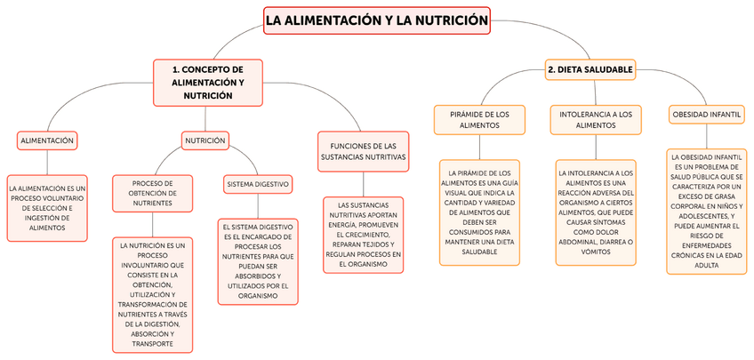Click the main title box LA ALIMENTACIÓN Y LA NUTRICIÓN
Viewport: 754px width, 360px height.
377,20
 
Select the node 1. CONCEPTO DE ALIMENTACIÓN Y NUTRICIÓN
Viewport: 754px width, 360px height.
207,82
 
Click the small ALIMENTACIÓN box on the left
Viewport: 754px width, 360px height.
48,140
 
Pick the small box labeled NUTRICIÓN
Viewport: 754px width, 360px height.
205,140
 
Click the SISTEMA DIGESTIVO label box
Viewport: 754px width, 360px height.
257,184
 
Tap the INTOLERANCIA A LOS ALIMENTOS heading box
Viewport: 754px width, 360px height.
596,119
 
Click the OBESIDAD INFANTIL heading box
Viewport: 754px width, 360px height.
706,115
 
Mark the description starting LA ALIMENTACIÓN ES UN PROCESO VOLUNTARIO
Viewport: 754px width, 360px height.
48,208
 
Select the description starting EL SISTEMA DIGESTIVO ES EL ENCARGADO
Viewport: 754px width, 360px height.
257,261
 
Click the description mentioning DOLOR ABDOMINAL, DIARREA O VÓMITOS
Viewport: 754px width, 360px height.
596,212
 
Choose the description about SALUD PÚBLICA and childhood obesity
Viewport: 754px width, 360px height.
706,211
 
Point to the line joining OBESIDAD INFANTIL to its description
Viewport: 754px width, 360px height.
706,136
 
